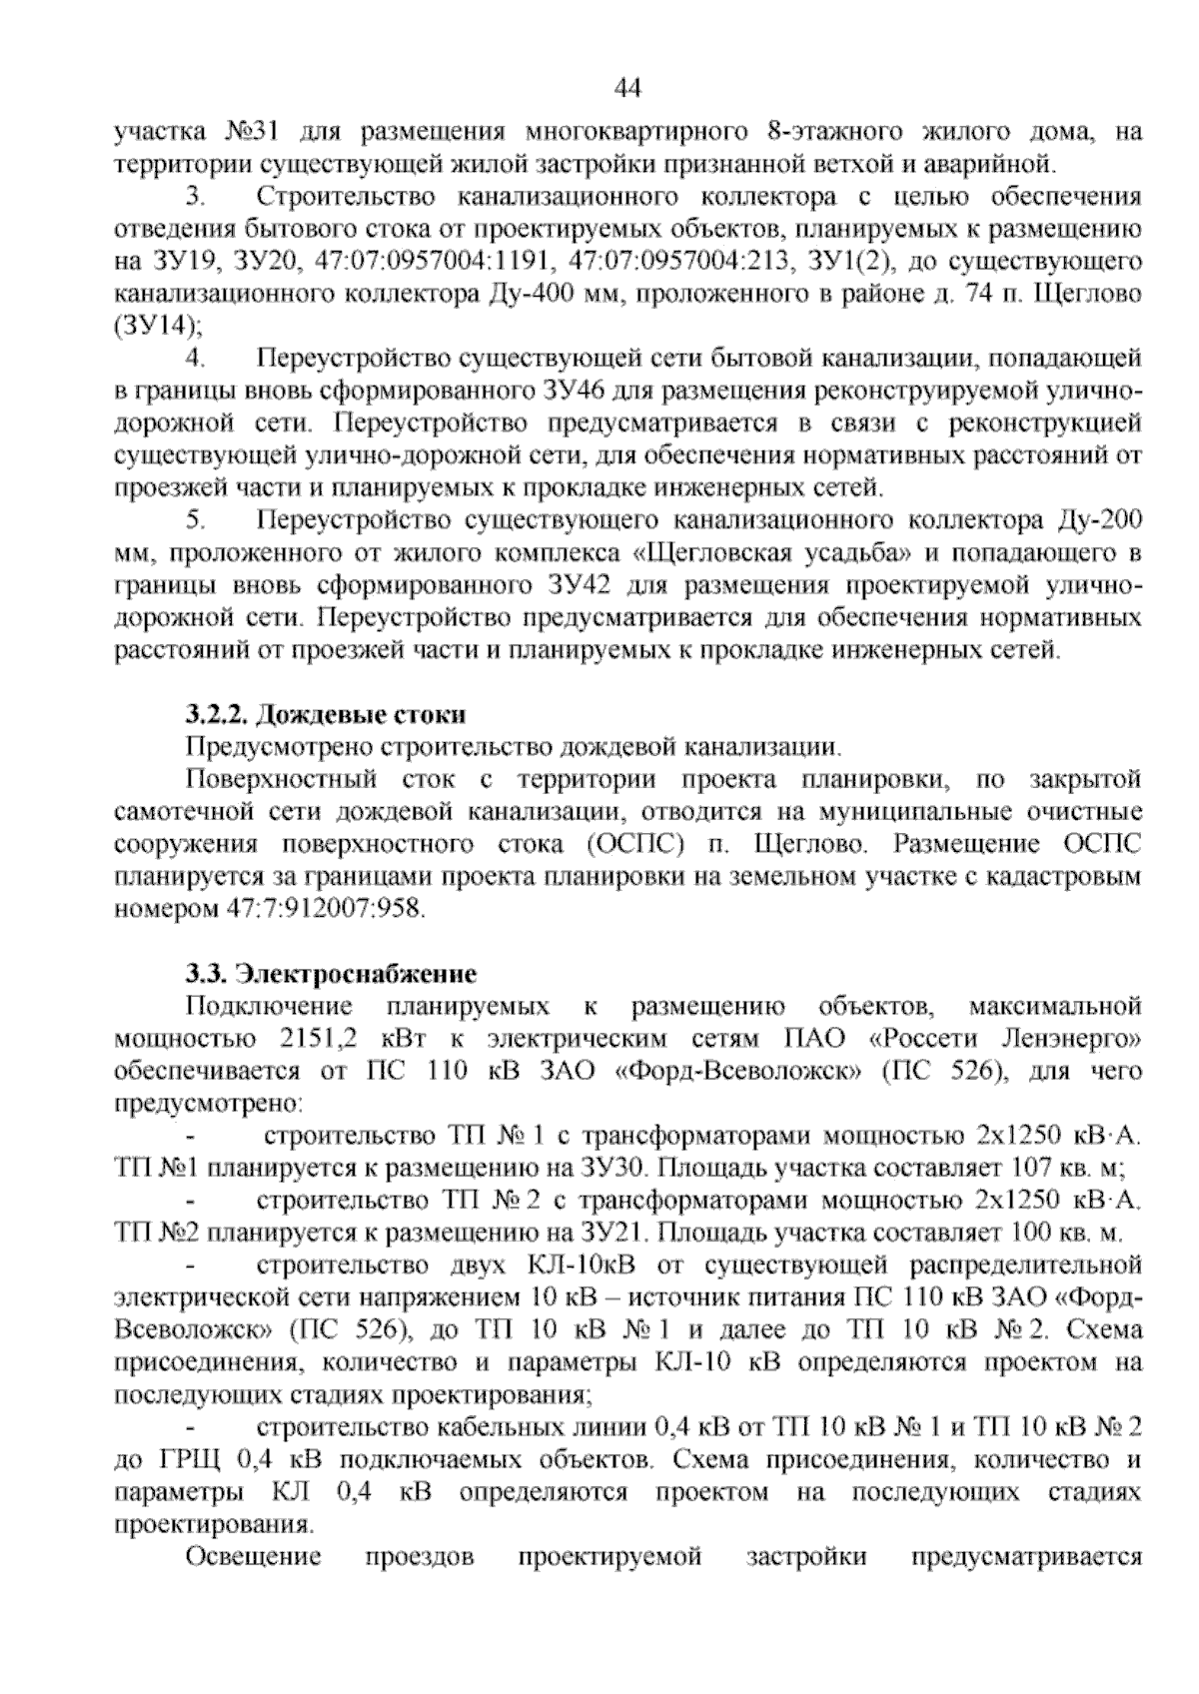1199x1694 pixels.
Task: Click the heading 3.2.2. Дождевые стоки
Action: [x=325, y=715]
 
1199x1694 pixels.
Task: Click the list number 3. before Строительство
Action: [x=195, y=197]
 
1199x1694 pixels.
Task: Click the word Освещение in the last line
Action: [x=254, y=1557]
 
